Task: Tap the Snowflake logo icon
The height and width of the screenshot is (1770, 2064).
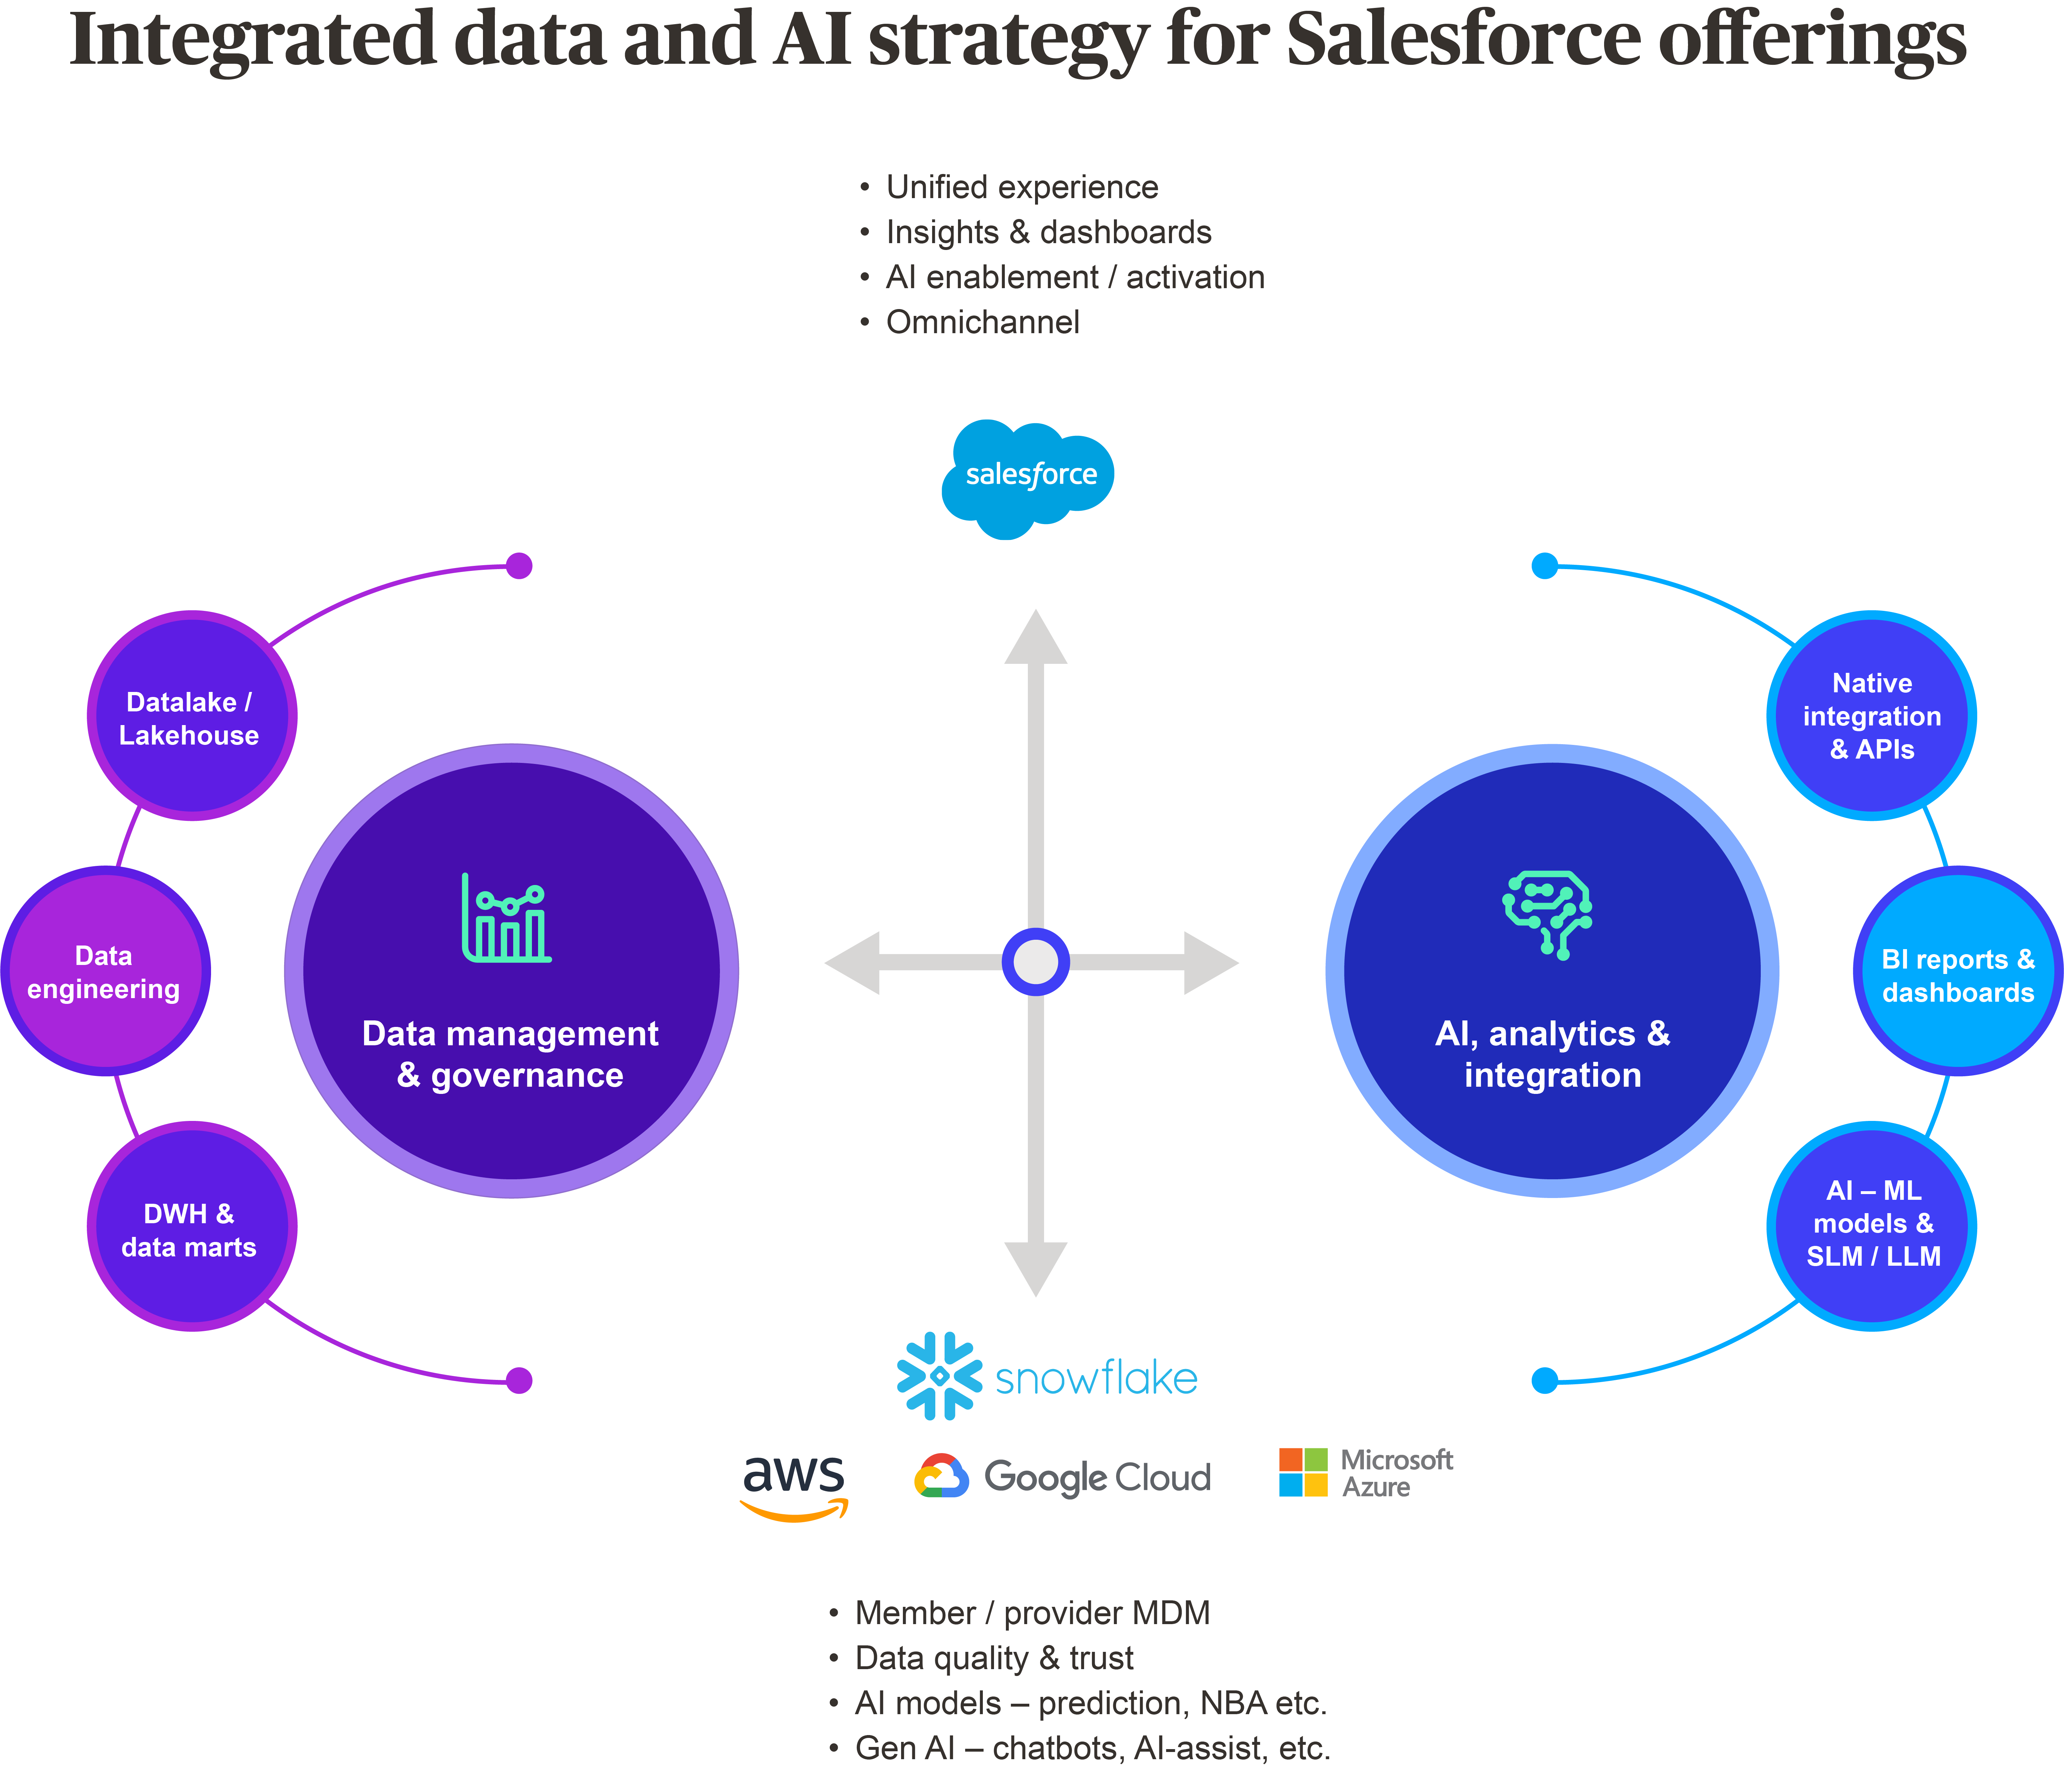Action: pyautogui.click(x=939, y=1376)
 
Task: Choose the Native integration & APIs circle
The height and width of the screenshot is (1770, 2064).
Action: pyautogui.click(x=1872, y=716)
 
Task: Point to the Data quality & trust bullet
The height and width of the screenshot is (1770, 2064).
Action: pyautogui.click(x=993, y=1658)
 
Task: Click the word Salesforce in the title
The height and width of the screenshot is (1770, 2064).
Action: pyautogui.click(x=1462, y=40)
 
